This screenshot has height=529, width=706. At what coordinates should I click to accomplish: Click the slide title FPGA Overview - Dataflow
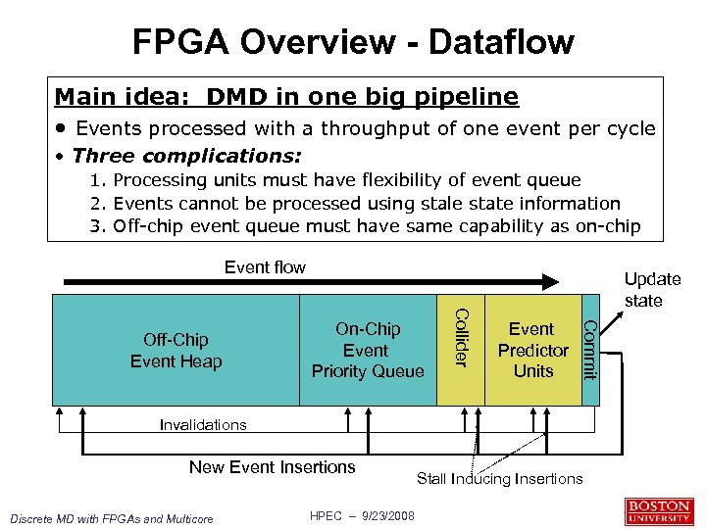(x=353, y=42)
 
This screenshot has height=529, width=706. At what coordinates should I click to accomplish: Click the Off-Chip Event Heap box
(x=176, y=350)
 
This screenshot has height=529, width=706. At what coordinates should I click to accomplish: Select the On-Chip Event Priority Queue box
(x=368, y=350)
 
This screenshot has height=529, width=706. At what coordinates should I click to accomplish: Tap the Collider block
(x=459, y=350)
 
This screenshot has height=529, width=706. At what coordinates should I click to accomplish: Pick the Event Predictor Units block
(x=532, y=350)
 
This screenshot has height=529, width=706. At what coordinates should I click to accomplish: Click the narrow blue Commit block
(x=589, y=350)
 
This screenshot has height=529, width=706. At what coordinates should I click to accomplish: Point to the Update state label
(x=652, y=290)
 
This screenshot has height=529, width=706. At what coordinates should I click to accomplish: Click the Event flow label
(x=265, y=267)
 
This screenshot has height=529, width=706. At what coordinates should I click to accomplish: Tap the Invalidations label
(x=203, y=424)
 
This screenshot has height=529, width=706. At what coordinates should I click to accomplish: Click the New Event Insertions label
(x=273, y=467)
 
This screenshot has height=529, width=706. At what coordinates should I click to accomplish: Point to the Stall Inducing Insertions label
(x=499, y=478)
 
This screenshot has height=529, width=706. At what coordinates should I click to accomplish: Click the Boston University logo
(x=658, y=511)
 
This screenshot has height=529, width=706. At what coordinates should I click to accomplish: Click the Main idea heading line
(x=286, y=97)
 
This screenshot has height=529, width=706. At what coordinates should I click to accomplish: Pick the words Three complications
(x=186, y=156)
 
